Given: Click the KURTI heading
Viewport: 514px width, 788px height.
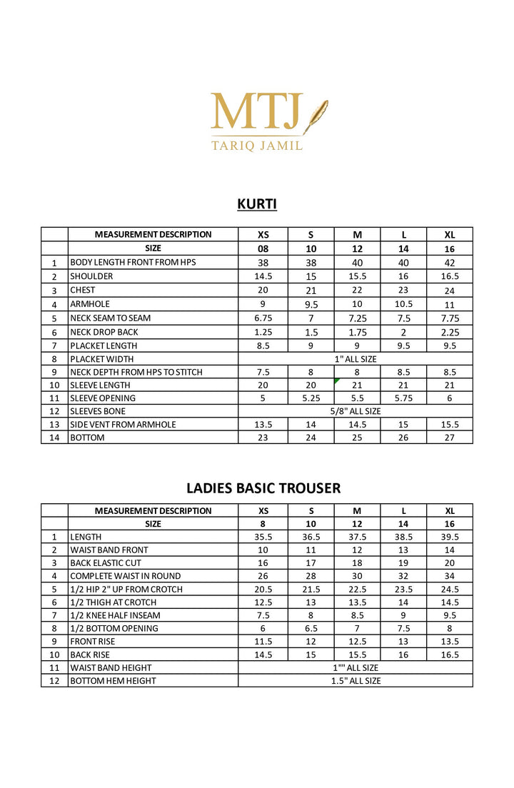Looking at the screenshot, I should [257, 205].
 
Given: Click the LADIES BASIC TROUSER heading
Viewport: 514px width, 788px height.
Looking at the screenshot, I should [263, 488].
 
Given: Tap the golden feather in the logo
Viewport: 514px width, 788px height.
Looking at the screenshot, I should [315, 117].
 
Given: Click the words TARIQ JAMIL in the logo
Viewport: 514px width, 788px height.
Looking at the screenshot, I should [257, 146].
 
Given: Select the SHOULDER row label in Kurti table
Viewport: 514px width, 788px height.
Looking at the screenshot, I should [91, 276].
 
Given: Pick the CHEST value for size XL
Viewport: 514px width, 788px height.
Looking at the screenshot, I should [450, 291].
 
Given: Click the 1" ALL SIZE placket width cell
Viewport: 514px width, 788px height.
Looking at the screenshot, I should [355, 359].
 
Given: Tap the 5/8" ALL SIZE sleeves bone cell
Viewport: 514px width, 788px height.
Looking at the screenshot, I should [355, 411].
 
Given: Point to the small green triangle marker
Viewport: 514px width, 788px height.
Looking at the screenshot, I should [336, 381].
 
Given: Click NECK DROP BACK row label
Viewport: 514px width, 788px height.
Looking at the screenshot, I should [104, 332].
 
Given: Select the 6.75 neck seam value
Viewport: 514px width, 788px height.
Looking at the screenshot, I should [263, 318].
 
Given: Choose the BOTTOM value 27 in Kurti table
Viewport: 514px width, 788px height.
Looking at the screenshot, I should [450, 438].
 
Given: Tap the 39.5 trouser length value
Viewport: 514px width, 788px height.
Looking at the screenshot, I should [450, 537].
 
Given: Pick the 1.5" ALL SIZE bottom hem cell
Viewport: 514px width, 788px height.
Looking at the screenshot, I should [355, 681].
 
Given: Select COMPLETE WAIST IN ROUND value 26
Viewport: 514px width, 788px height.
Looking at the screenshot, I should [263, 576].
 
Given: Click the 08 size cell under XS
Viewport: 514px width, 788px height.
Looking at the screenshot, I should [263, 249].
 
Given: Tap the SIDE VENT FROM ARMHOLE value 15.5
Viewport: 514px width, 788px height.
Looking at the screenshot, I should [450, 425].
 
